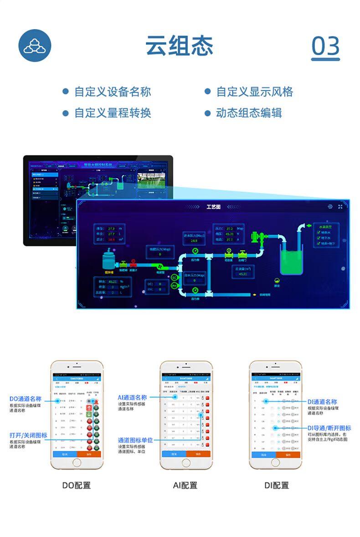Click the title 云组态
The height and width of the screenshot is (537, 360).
click(179, 46)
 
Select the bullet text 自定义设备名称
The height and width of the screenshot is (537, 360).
click(113, 92)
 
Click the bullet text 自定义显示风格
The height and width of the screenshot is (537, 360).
click(254, 92)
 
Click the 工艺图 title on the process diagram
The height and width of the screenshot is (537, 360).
click(213, 207)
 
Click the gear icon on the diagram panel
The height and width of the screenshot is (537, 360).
click(330, 207)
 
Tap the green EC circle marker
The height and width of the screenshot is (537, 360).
click(174, 277)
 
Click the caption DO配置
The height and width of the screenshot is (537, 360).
click(77, 486)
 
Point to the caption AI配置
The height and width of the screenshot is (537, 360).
click(185, 486)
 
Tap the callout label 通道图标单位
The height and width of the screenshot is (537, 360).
click(135, 440)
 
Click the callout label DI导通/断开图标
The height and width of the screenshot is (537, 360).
click(329, 428)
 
